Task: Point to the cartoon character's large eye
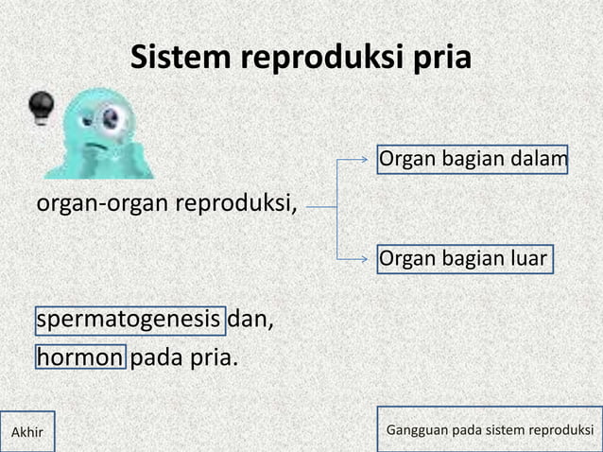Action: pos(112,118)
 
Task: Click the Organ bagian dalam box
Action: pos(473,162)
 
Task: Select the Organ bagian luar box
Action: pos(464,257)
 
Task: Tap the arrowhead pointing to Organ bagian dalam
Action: pos(370,162)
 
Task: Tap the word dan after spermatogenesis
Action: pos(251,322)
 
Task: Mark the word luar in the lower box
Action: pos(525,257)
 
